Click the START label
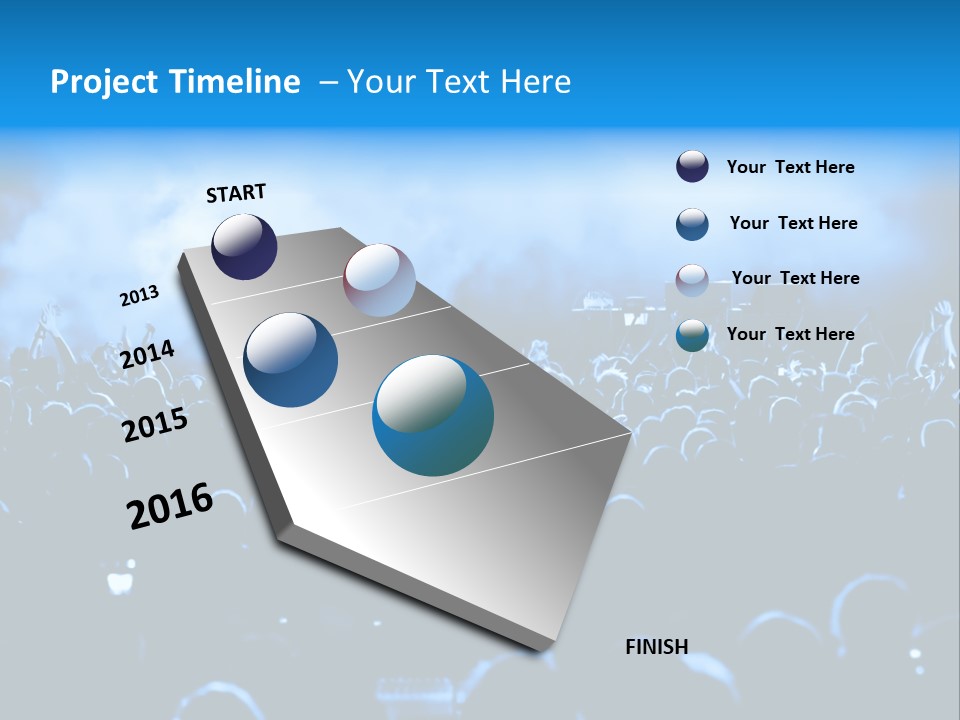coord(236,193)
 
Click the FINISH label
coord(656,647)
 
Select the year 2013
coord(139,296)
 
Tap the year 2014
coord(147,355)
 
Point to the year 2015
coord(154,425)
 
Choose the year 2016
coord(169,506)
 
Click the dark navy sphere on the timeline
coord(244,247)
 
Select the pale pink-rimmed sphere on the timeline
coord(379,280)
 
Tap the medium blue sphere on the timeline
coord(291,360)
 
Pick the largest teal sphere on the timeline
coord(433,415)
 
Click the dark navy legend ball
coord(692,167)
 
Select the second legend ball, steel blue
coord(692,224)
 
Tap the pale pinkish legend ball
coord(692,280)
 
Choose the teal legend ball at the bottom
coord(692,336)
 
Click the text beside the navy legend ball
coord(790,167)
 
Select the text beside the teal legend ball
coord(790,334)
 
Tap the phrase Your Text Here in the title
coord(459,82)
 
